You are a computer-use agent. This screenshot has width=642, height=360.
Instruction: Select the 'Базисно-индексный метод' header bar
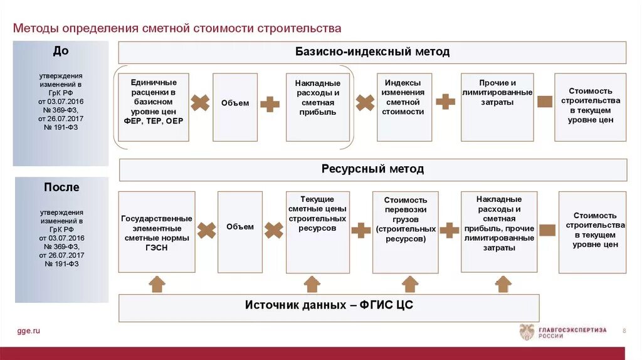372,52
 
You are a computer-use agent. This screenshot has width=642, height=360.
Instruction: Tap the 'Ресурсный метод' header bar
372,169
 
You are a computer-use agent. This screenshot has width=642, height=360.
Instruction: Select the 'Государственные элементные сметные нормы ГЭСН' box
157,232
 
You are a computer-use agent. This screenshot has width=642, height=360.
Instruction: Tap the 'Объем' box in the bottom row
240,232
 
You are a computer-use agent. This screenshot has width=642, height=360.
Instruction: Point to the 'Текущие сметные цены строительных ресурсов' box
318,232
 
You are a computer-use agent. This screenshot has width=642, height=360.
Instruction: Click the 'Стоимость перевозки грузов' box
406,232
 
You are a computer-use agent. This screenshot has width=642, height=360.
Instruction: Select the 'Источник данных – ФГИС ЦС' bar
329,307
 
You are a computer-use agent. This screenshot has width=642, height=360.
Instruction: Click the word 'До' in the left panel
61,51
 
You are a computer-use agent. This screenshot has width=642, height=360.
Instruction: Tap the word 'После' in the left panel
61,188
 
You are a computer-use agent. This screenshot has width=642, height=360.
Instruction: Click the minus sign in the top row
544,102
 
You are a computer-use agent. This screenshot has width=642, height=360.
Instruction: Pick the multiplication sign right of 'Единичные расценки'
200,103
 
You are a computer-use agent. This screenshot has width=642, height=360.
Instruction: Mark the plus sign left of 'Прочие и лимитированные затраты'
445,102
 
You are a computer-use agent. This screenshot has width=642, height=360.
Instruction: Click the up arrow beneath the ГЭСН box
157,284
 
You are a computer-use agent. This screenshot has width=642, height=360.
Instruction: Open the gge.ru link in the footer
28,331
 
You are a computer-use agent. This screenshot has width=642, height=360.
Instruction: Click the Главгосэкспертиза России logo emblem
527,331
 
